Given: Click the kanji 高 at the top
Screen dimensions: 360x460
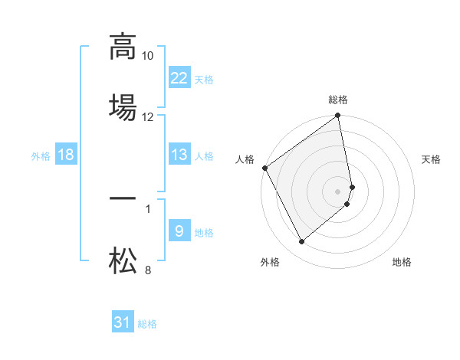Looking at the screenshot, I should pyautogui.click(x=123, y=46).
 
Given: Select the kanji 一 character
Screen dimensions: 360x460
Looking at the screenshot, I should pyautogui.click(x=123, y=198).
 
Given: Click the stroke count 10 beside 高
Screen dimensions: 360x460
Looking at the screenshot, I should pyautogui.click(x=148, y=56).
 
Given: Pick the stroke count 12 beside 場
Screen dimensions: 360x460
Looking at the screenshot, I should pyautogui.click(x=148, y=117).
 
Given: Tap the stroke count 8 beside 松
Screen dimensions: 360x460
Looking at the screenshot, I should pyautogui.click(x=148, y=270).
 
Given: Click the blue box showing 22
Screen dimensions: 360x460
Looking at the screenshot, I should pyautogui.click(x=179, y=78).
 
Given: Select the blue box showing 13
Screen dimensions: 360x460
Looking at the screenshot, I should pyautogui.click(x=179, y=155).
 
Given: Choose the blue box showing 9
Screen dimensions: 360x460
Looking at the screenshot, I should pyautogui.click(x=179, y=231).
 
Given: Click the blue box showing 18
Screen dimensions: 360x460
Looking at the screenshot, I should pyautogui.click(x=66, y=155).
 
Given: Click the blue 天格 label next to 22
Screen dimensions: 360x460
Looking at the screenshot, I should pyautogui.click(x=204, y=79).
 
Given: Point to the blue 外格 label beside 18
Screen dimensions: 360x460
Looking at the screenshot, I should pyautogui.click(x=41, y=155).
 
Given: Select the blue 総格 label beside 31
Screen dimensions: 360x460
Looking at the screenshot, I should pyautogui.click(x=147, y=323).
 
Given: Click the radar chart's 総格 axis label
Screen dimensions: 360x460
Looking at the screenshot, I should pyautogui.click(x=338, y=100).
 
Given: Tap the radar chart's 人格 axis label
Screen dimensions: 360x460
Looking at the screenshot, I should pyautogui.click(x=245, y=159).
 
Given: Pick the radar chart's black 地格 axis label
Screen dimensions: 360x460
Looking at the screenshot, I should pyautogui.click(x=402, y=262).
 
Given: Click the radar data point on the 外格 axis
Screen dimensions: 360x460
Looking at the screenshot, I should pyautogui.click(x=301, y=242).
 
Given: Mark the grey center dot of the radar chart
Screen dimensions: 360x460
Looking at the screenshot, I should pyautogui.click(x=338, y=191).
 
